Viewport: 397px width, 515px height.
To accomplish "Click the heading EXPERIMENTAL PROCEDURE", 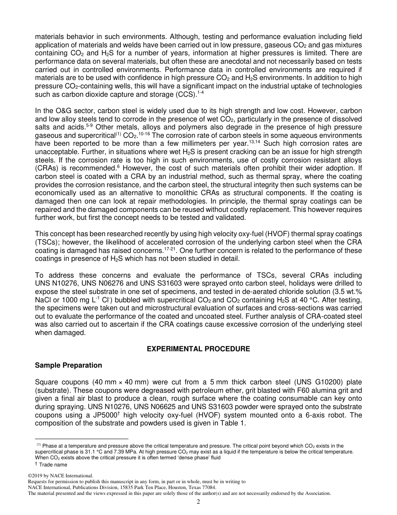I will [x=198, y=349].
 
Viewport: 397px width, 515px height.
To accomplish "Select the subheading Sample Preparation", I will [x=68, y=365].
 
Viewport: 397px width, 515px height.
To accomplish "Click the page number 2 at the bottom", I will [x=198, y=502].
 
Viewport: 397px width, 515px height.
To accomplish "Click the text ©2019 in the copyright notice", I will [x=36, y=476].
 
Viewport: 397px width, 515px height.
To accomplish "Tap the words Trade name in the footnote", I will [x=53, y=464].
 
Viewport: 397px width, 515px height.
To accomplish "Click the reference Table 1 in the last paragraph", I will [x=237, y=422].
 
